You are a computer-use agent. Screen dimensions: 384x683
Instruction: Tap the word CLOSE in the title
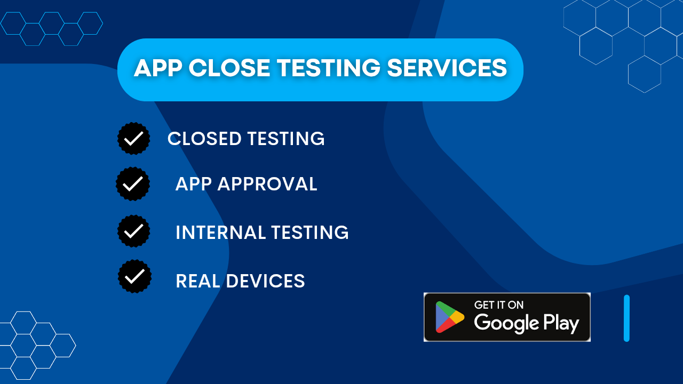tap(228, 69)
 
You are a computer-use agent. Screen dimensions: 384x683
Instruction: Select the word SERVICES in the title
tap(447, 69)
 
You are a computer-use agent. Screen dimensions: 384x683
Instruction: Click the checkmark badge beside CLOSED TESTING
tap(133, 139)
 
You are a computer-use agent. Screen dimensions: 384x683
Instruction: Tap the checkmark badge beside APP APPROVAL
tap(133, 184)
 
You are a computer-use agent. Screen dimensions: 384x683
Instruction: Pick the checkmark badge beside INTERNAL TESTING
tap(133, 231)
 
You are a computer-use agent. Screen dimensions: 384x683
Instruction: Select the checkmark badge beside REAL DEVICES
tap(134, 276)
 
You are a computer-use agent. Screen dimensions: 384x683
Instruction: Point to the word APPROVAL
tap(267, 184)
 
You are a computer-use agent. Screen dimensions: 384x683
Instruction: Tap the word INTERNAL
tap(220, 233)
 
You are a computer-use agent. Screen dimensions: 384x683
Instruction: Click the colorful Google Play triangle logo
tap(449, 317)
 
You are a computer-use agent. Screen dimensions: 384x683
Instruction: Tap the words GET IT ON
tap(498, 305)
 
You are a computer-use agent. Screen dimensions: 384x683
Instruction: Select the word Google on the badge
tap(506, 323)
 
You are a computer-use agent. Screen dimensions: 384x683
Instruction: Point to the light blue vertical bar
tap(626, 318)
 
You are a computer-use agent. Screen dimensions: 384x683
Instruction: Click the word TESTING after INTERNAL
tap(309, 233)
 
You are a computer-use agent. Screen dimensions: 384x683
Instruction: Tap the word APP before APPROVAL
tap(194, 184)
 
